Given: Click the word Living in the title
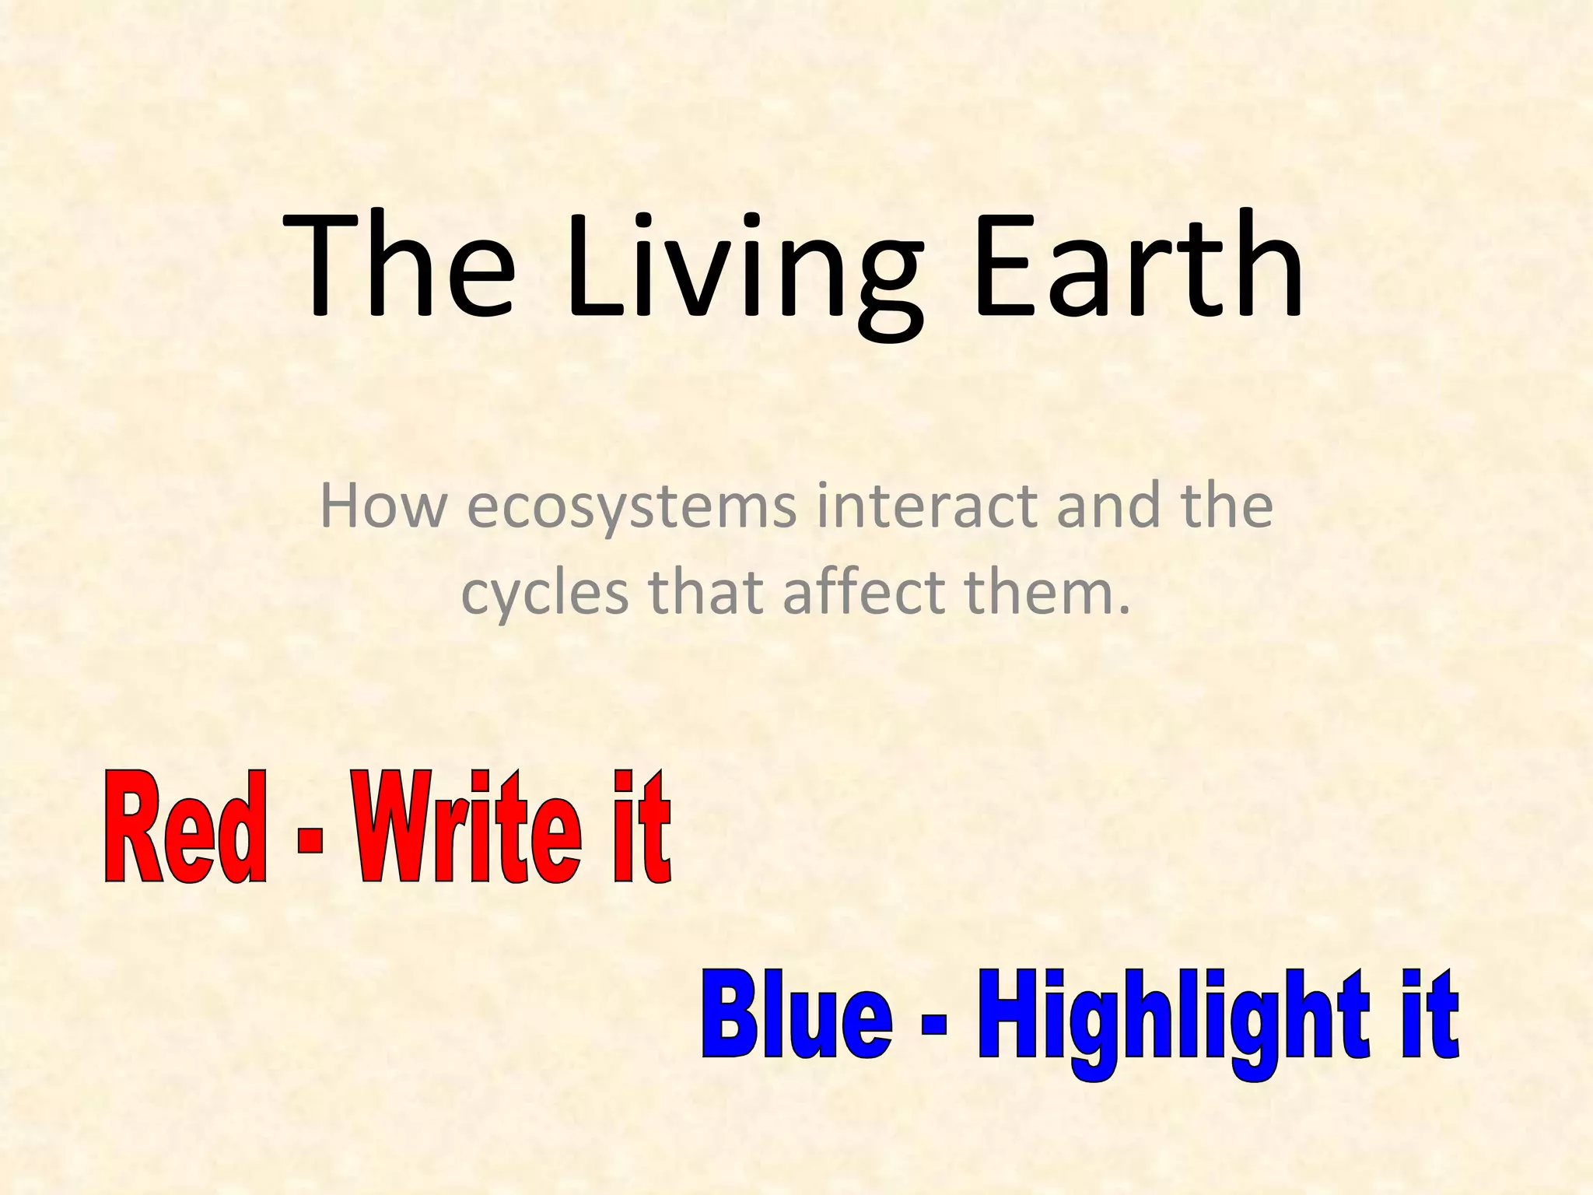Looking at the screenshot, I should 743,268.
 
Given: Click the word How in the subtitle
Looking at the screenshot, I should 383,506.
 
